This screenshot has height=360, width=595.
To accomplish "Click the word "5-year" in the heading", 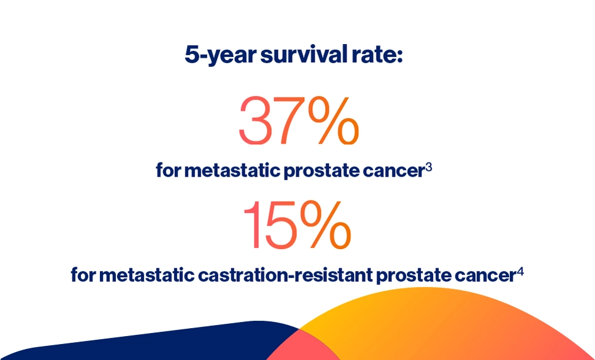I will [x=220, y=55].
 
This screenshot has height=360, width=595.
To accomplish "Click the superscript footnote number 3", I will [x=429, y=166].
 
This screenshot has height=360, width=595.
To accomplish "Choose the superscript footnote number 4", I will [x=520, y=270].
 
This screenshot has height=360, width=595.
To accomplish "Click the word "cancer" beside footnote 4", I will [x=484, y=275].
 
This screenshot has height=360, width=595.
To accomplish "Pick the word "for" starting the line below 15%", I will [x=83, y=275].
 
